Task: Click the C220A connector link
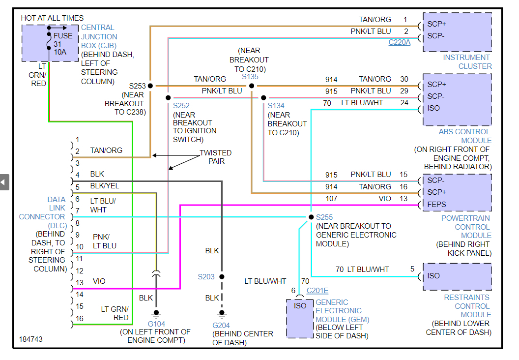[x=399, y=43]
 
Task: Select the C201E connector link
[x=317, y=291]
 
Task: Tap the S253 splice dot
[x=150, y=86]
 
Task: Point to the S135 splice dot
[x=252, y=86]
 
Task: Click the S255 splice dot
[x=311, y=217]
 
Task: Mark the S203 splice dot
[x=222, y=277]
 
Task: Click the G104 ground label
[x=156, y=324]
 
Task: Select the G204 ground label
[x=222, y=325]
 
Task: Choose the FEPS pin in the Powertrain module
[x=437, y=204]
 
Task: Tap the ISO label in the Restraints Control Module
[x=433, y=275]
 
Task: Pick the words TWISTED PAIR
[x=215, y=157]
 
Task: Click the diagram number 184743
[x=31, y=339]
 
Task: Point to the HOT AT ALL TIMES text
[x=52, y=18]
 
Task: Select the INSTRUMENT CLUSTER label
[x=467, y=62]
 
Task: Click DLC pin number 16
[x=80, y=318]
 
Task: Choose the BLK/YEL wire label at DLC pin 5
[x=104, y=186]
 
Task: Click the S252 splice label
[x=181, y=106]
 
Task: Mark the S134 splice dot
[x=264, y=97]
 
